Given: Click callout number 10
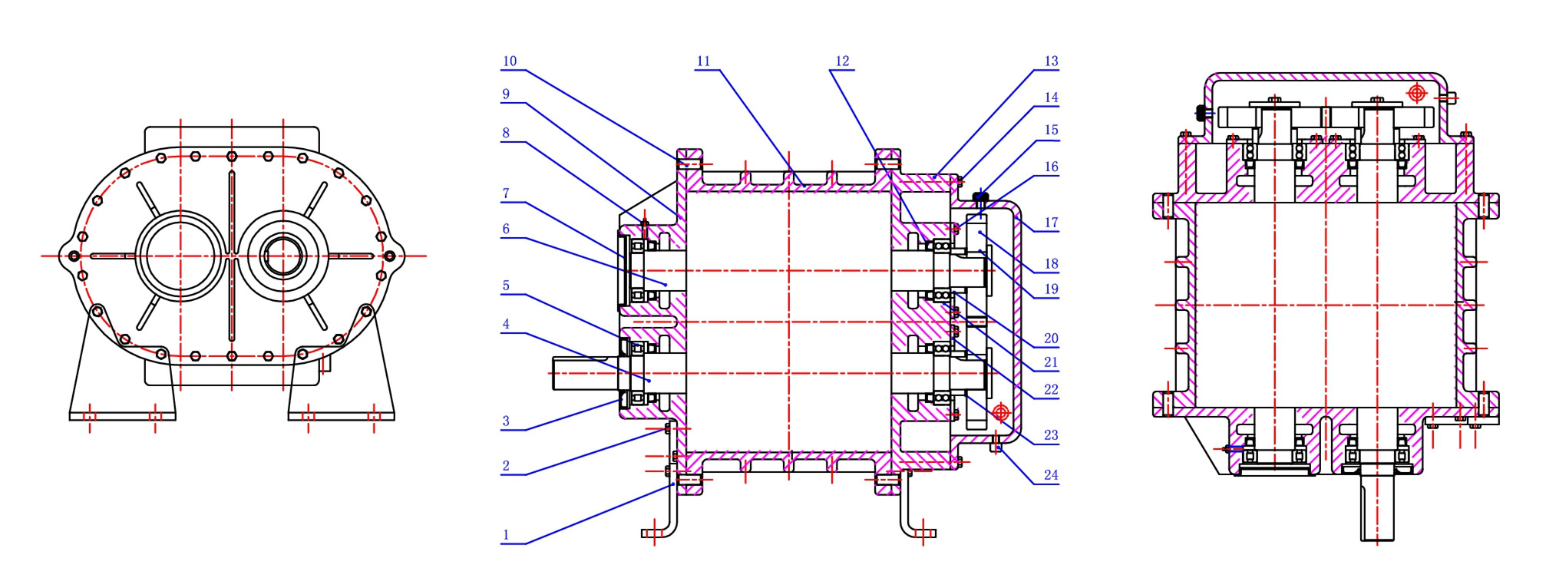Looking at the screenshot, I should click(510, 61).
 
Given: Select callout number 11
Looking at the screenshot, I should click(703, 61).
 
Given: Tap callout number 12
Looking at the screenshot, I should click(842, 61).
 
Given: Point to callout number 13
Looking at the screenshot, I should click(1051, 61).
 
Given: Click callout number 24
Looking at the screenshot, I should click(1051, 475).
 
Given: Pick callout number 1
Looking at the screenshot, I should click(506, 535).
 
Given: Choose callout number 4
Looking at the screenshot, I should click(506, 324).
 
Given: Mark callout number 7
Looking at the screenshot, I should click(506, 193).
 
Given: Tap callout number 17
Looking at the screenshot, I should click(1051, 223).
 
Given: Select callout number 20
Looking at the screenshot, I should click(1051, 339).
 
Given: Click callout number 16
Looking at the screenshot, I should click(1051, 167).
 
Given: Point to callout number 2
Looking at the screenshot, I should click(506, 466).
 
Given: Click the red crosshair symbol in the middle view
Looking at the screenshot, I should click(1000, 413).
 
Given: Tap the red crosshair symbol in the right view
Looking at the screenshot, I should click(1416, 94).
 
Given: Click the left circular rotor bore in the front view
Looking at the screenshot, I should click(181, 256).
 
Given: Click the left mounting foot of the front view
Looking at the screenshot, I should click(123, 391).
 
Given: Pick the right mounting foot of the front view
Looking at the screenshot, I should click(342, 391).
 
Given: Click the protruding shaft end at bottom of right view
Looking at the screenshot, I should click(1379, 507).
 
